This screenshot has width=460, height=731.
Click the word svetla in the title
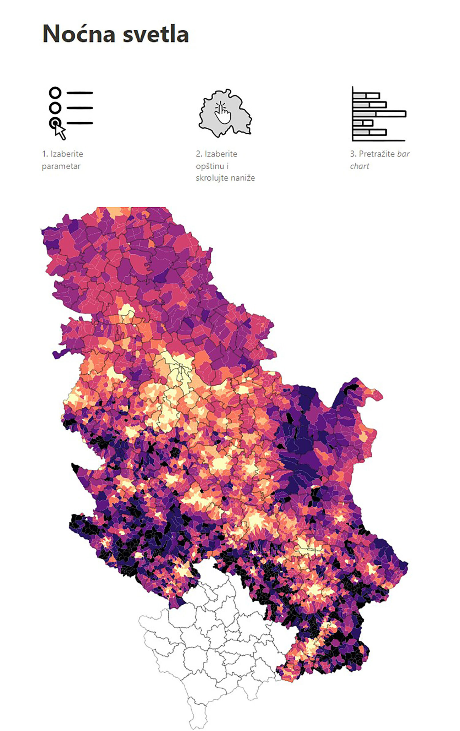[156, 34]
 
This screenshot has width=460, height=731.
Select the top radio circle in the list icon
[55, 93]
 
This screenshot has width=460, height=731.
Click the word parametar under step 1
[61, 166]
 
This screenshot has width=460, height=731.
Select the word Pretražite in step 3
[376, 154]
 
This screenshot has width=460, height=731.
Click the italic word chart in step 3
[359, 166]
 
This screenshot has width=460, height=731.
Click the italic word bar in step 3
[403, 154]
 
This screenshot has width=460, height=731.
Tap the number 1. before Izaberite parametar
[45, 154]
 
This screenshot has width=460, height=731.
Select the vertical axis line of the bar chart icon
[353, 114]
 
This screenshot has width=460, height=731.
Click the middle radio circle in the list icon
[55, 108]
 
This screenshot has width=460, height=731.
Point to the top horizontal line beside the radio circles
[80, 93]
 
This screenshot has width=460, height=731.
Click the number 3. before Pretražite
[353, 154]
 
